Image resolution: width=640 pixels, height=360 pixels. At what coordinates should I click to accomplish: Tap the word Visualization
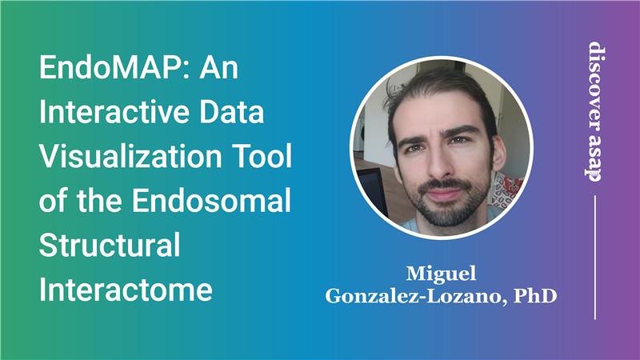(129, 158)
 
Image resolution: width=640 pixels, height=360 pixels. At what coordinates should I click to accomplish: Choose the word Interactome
(126, 290)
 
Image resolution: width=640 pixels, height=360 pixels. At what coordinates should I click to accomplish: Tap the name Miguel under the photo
(441, 273)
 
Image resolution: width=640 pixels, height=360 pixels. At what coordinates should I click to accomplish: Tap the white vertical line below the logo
(596, 256)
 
